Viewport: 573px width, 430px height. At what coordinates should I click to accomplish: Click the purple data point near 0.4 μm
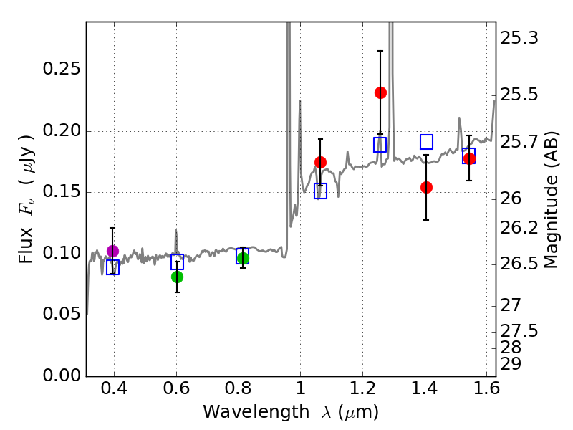coord(112,251)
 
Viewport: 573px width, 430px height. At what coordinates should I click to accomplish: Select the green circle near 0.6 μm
coord(177,277)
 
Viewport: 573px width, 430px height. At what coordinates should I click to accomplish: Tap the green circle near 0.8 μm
coord(243,259)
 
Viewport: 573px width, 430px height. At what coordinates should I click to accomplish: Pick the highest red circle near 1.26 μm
coord(380,92)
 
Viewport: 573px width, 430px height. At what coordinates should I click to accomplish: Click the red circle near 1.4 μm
coord(426,187)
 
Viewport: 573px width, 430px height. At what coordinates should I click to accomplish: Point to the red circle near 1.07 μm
coord(320,162)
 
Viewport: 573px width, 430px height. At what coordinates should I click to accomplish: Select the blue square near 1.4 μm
coord(426,142)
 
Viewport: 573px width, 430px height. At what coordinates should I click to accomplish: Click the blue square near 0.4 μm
coord(112,267)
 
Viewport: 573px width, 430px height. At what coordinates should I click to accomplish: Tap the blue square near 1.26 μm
coord(380,145)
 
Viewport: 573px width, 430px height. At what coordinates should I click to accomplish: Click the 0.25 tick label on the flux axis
coord(62,70)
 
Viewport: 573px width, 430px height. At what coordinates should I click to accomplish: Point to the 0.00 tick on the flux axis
coord(62,376)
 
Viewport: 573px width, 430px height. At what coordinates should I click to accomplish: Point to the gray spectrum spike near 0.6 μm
coord(175,236)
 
